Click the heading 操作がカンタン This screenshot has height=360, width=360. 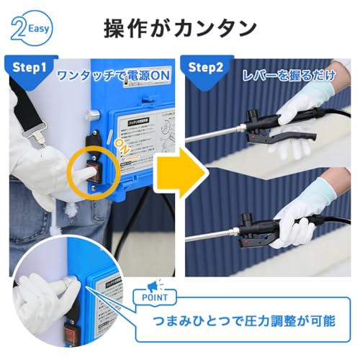coord(179,29)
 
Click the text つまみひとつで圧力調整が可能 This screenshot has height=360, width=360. coord(243,321)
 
